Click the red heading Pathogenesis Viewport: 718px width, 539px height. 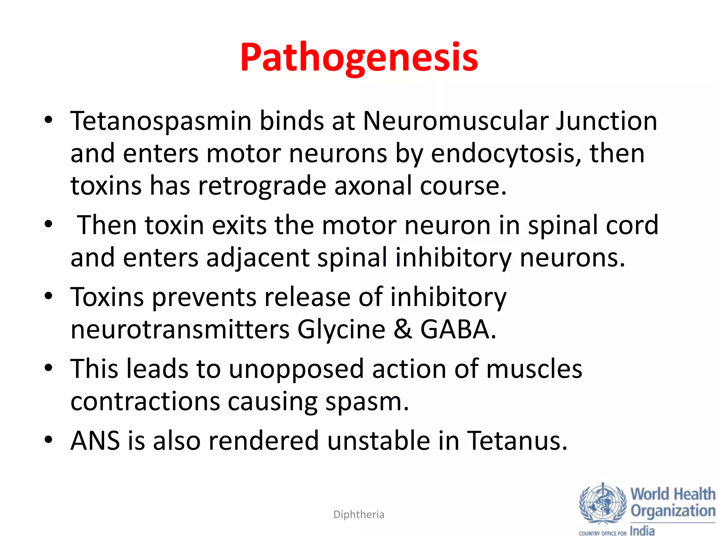tap(359, 57)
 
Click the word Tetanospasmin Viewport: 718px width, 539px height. tap(161, 121)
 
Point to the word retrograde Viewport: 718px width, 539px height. tap(262, 186)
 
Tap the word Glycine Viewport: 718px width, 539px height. tap(341, 330)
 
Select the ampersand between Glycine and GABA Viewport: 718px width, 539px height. tap(403, 330)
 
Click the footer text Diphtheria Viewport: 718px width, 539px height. tap(359, 515)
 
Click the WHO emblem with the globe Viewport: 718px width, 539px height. tap(603, 504)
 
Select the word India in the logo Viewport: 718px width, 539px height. tap(642, 531)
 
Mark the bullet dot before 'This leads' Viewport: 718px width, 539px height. tap(48, 368)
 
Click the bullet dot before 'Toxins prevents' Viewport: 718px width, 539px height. tap(48, 296)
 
